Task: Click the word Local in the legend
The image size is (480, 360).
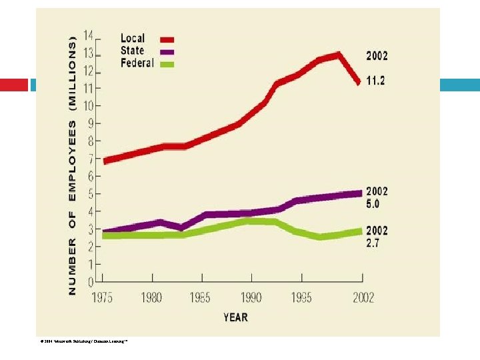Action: (x=133, y=38)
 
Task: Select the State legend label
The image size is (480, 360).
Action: (x=133, y=51)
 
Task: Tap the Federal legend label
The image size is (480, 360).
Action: (x=137, y=63)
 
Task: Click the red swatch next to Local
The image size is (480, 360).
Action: (x=167, y=39)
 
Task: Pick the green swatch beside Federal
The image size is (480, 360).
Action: (x=167, y=65)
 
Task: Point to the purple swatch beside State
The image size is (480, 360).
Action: (x=167, y=52)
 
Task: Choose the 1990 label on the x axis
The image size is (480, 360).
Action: (x=251, y=298)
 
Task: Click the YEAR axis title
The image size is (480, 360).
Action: (x=236, y=317)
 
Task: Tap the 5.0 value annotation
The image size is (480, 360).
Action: (x=372, y=204)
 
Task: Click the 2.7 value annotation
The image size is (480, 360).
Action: (x=372, y=243)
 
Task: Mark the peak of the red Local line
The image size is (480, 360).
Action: (x=339, y=55)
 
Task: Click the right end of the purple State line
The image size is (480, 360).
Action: (x=360, y=193)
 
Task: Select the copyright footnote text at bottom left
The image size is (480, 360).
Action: (x=83, y=341)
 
